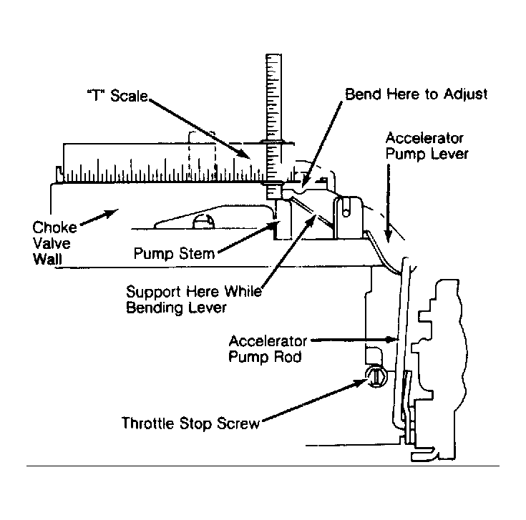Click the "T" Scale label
[117, 96]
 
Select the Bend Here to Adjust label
[417, 94]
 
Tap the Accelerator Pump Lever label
[427, 146]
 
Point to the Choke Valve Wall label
[54, 243]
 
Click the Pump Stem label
[174, 253]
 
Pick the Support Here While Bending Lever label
[194, 300]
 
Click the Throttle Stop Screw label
[190, 423]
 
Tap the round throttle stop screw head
[376, 376]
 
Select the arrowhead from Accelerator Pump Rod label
[392, 339]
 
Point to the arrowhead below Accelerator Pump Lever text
[388, 235]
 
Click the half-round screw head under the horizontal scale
[203, 221]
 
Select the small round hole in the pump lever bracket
[346, 212]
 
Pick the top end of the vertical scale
[273, 54]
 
